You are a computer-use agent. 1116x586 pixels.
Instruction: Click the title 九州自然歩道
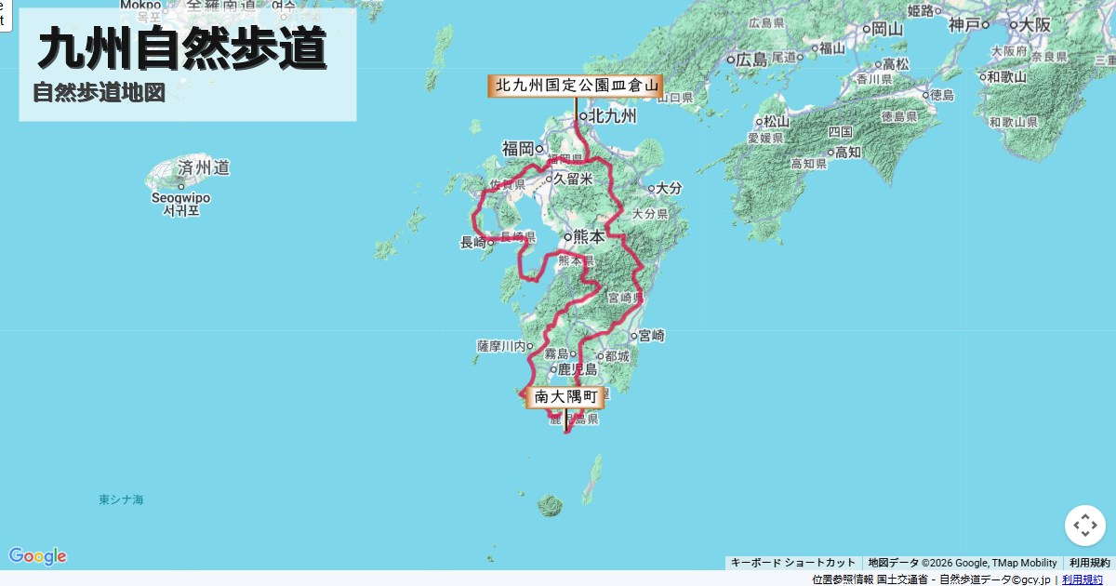[x=182, y=48]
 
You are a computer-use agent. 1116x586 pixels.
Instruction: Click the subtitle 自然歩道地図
[x=99, y=93]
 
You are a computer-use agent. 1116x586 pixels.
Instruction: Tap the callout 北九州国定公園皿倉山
[x=576, y=86]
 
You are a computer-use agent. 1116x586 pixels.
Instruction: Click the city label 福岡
[x=518, y=148]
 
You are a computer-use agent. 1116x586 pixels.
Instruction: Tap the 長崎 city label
[x=473, y=243]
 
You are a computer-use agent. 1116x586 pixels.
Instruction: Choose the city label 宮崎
[x=651, y=335]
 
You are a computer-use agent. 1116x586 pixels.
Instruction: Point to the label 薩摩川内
[x=502, y=346]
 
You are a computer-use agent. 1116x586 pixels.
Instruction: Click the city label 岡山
[x=886, y=29]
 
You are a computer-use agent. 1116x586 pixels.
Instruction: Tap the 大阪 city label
[x=1034, y=25]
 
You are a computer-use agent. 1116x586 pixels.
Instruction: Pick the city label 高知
[x=846, y=152]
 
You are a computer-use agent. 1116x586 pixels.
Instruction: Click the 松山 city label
[x=777, y=121]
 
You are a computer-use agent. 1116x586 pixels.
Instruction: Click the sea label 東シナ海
[x=122, y=499]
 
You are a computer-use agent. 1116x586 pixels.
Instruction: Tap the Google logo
[x=38, y=556]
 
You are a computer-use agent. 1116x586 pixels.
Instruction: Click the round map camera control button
[x=1084, y=526]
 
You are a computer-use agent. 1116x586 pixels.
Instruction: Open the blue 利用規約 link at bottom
[x=1083, y=579]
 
